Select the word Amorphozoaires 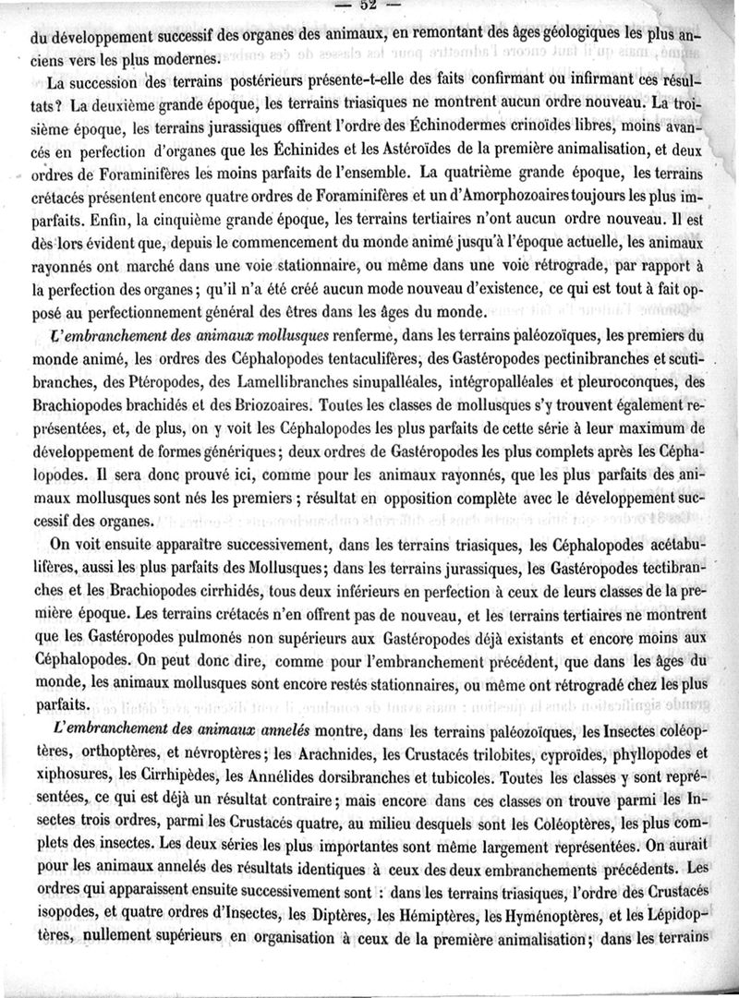pos(491,195)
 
